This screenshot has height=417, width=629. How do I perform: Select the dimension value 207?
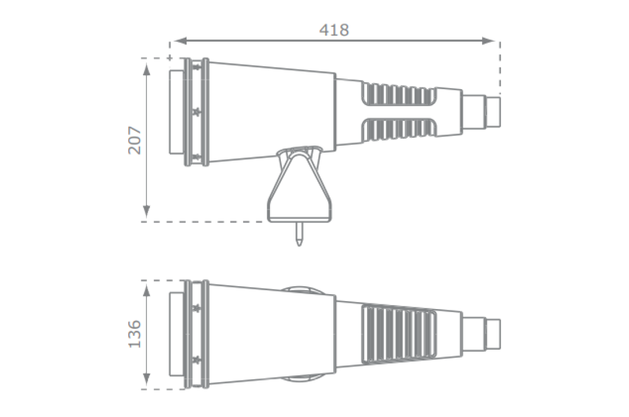click(135, 140)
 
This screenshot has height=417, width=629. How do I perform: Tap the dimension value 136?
click(135, 334)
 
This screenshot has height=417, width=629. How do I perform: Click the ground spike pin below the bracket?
click(299, 234)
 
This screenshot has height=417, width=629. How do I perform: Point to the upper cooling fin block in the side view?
click(398, 95)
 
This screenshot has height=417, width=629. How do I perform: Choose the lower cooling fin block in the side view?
click(398, 129)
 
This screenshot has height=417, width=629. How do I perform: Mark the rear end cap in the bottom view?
click(493, 334)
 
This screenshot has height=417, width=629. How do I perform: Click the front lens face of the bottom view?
click(176, 334)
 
